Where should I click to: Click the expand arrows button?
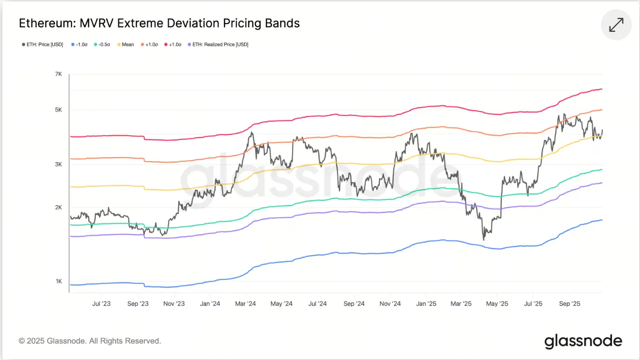tap(616, 25)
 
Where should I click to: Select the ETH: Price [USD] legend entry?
tap(42, 44)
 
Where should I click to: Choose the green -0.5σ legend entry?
tap(103, 44)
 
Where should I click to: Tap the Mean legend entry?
tap(125, 44)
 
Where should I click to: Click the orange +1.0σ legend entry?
tap(149, 44)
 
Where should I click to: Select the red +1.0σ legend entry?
tap(173, 44)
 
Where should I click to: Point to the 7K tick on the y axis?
tap(58, 74)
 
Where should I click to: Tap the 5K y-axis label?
tap(58, 110)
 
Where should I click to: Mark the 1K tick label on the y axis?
tap(58, 281)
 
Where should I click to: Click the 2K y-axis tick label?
tap(58, 208)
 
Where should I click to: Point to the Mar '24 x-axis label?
tap(245, 304)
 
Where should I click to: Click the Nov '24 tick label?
tap(390, 304)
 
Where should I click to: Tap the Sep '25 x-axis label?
tap(570, 304)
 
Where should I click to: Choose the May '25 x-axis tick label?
tap(497, 304)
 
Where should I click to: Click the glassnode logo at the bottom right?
tap(583, 341)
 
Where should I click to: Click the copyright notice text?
tap(90, 341)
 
